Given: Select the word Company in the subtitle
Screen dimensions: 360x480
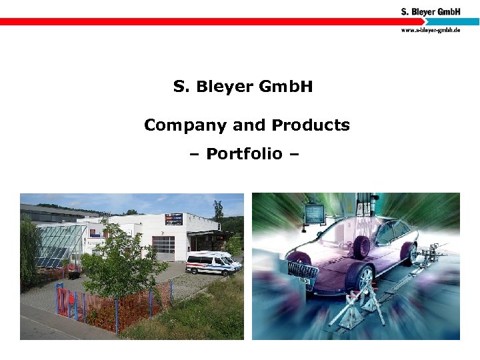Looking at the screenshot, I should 184,125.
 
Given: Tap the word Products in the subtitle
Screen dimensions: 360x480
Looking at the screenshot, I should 310,125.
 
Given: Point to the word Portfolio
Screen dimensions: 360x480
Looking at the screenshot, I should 244,154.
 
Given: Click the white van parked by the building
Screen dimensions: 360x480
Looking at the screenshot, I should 212,263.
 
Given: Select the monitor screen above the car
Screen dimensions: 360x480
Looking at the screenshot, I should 313,214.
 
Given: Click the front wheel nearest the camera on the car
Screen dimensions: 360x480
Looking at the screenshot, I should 359,280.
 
